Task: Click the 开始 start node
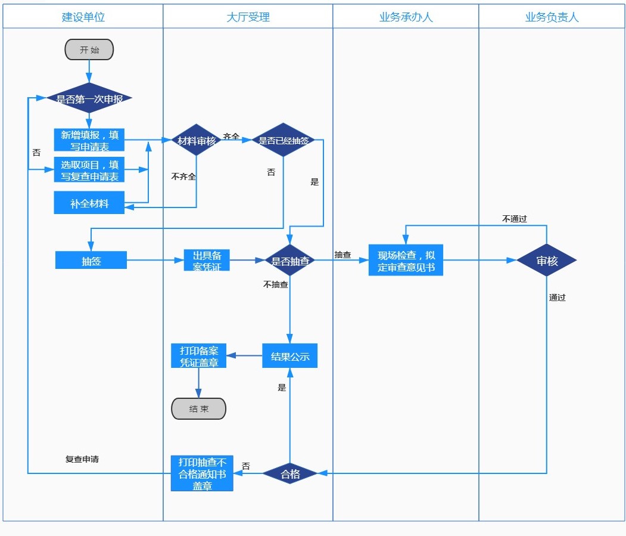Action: [x=89, y=50]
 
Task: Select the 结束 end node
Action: [x=199, y=409]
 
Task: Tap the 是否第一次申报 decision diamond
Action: [x=89, y=98]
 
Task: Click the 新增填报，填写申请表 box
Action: [x=89, y=140]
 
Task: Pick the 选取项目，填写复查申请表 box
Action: [x=89, y=170]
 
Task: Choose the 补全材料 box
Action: [x=89, y=203]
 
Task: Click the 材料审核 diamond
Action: [x=197, y=141]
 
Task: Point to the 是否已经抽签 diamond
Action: [x=284, y=141]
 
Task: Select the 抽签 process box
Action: [x=91, y=260]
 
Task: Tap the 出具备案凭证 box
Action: [x=207, y=261]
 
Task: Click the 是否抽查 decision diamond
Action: [x=290, y=261]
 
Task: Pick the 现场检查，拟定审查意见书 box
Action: [x=406, y=261]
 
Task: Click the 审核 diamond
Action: [x=546, y=261]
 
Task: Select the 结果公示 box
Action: [x=290, y=356]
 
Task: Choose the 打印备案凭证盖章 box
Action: [x=199, y=356]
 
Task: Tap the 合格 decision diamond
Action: [x=290, y=473]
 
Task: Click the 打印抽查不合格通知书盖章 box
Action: [x=202, y=473]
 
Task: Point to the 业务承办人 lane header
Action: [x=406, y=17]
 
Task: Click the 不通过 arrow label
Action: [x=515, y=219]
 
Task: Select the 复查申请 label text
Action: [x=82, y=459]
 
